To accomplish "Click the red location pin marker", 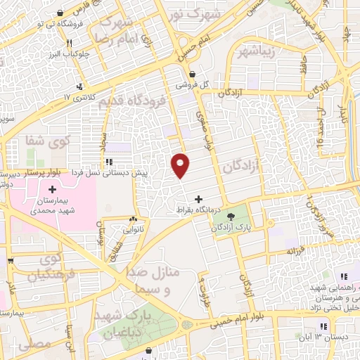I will click(181, 165).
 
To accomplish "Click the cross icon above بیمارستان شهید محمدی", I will click(53, 189).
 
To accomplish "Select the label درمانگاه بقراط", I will click(199, 210).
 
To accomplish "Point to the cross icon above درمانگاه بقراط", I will click(199, 199).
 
